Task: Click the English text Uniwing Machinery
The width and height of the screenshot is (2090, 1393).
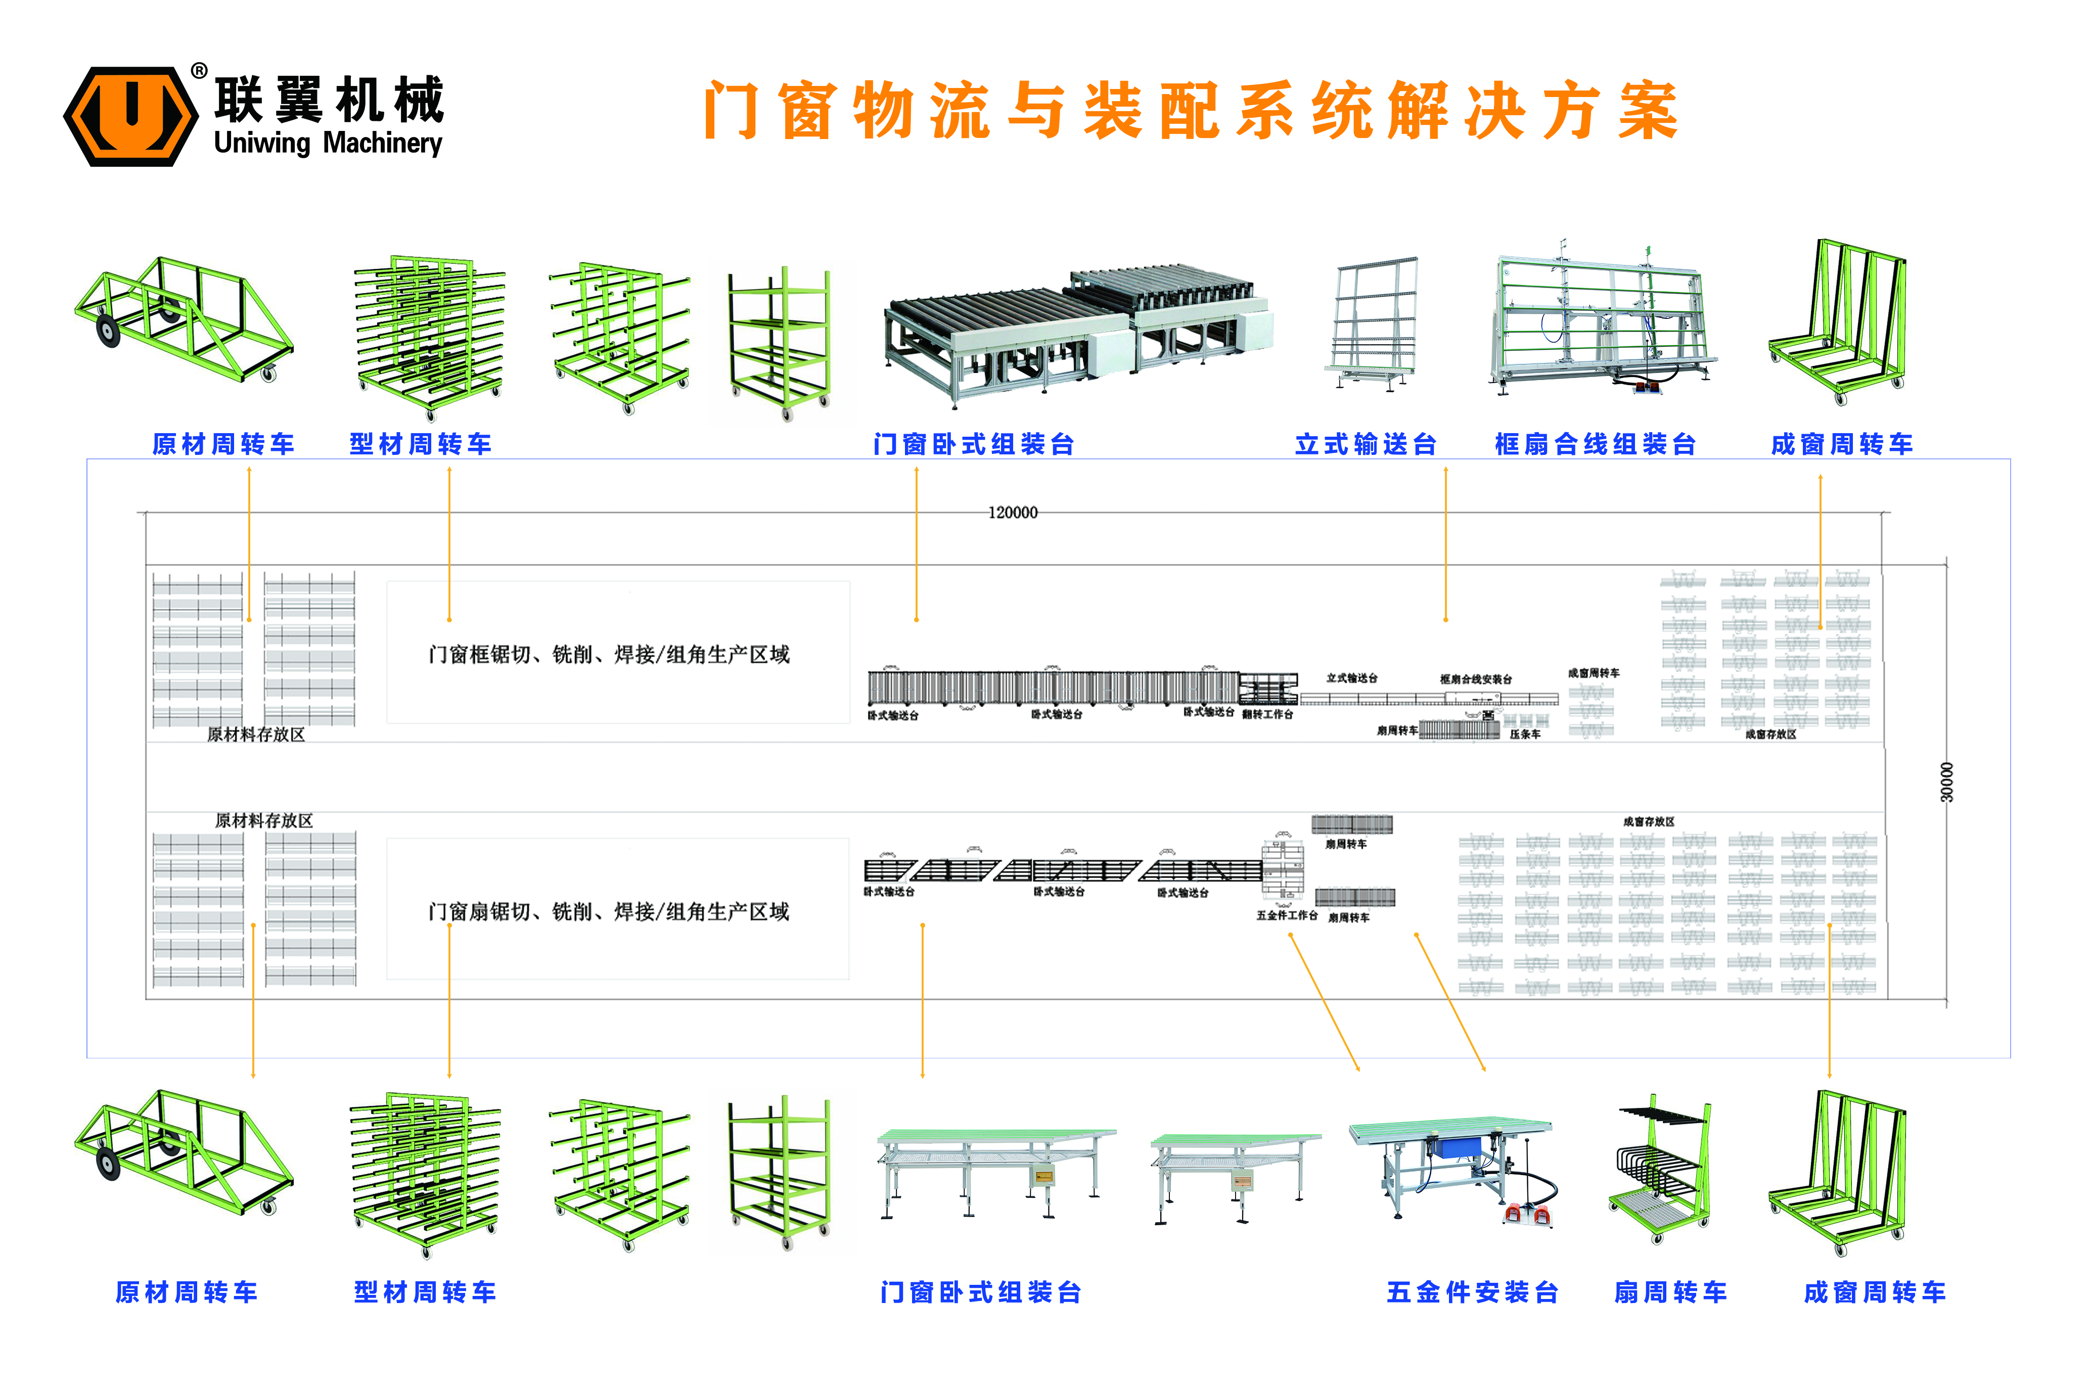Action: pyautogui.click(x=328, y=143)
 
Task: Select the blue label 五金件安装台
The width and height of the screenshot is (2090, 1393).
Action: pyautogui.click(x=1472, y=1292)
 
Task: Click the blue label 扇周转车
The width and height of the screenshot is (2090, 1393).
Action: pyautogui.click(x=1670, y=1292)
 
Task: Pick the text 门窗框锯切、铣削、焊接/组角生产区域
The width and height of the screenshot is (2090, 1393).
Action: pyautogui.click(x=609, y=655)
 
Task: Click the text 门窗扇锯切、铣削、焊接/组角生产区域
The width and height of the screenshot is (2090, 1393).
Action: pyautogui.click(x=609, y=911)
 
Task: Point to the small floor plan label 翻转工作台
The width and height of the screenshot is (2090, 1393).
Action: pyautogui.click(x=1268, y=714)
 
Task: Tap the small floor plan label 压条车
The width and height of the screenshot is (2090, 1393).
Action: pyautogui.click(x=1525, y=735)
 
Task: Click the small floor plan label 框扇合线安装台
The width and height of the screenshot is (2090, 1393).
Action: pyautogui.click(x=1476, y=680)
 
